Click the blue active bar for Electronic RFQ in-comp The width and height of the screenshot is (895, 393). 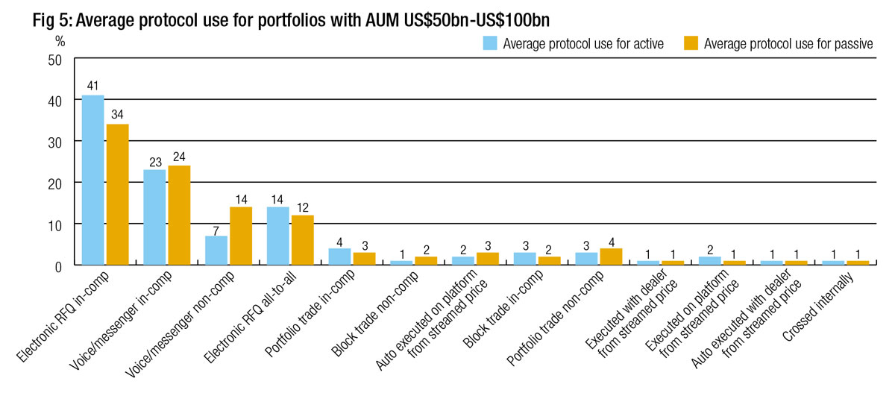pos(93,180)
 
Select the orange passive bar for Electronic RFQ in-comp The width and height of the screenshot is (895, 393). pos(118,194)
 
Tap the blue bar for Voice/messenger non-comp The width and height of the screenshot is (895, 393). pos(216,250)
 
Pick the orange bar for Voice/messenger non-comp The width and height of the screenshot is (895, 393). pos(241,236)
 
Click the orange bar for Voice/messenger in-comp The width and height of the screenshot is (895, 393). pos(180,215)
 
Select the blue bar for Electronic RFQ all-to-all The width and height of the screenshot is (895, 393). pos(278,236)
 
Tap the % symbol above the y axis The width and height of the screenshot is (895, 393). pos(60,42)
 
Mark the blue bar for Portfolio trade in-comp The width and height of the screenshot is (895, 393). pos(340,257)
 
